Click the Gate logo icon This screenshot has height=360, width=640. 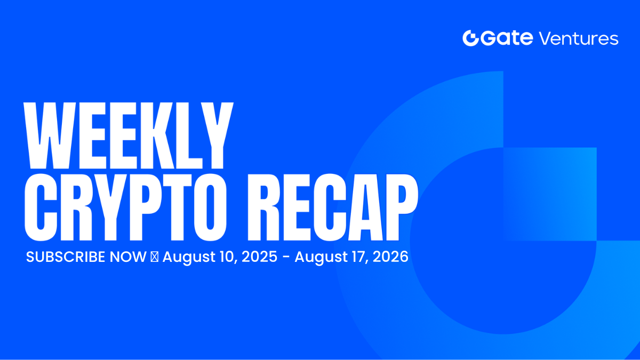click(x=470, y=38)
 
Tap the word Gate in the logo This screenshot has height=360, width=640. click(x=507, y=38)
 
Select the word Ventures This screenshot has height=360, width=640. click(x=579, y=38)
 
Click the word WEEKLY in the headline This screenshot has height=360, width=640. click(x=129, y=135)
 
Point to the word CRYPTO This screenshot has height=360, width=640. click(x=125, y=207)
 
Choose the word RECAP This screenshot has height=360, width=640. click(x=333, y=207)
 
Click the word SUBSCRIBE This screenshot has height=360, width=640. click(x=66, y=257)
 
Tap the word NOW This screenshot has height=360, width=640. click(x=128, y=257)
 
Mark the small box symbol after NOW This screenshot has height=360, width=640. click(x=155, y=257)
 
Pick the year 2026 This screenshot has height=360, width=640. click(x=390, y=257)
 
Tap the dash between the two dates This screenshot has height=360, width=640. click(x=286, y=258)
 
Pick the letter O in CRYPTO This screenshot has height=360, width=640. click(x=210, y=207)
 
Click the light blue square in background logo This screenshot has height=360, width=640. click(x=550, y=194)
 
